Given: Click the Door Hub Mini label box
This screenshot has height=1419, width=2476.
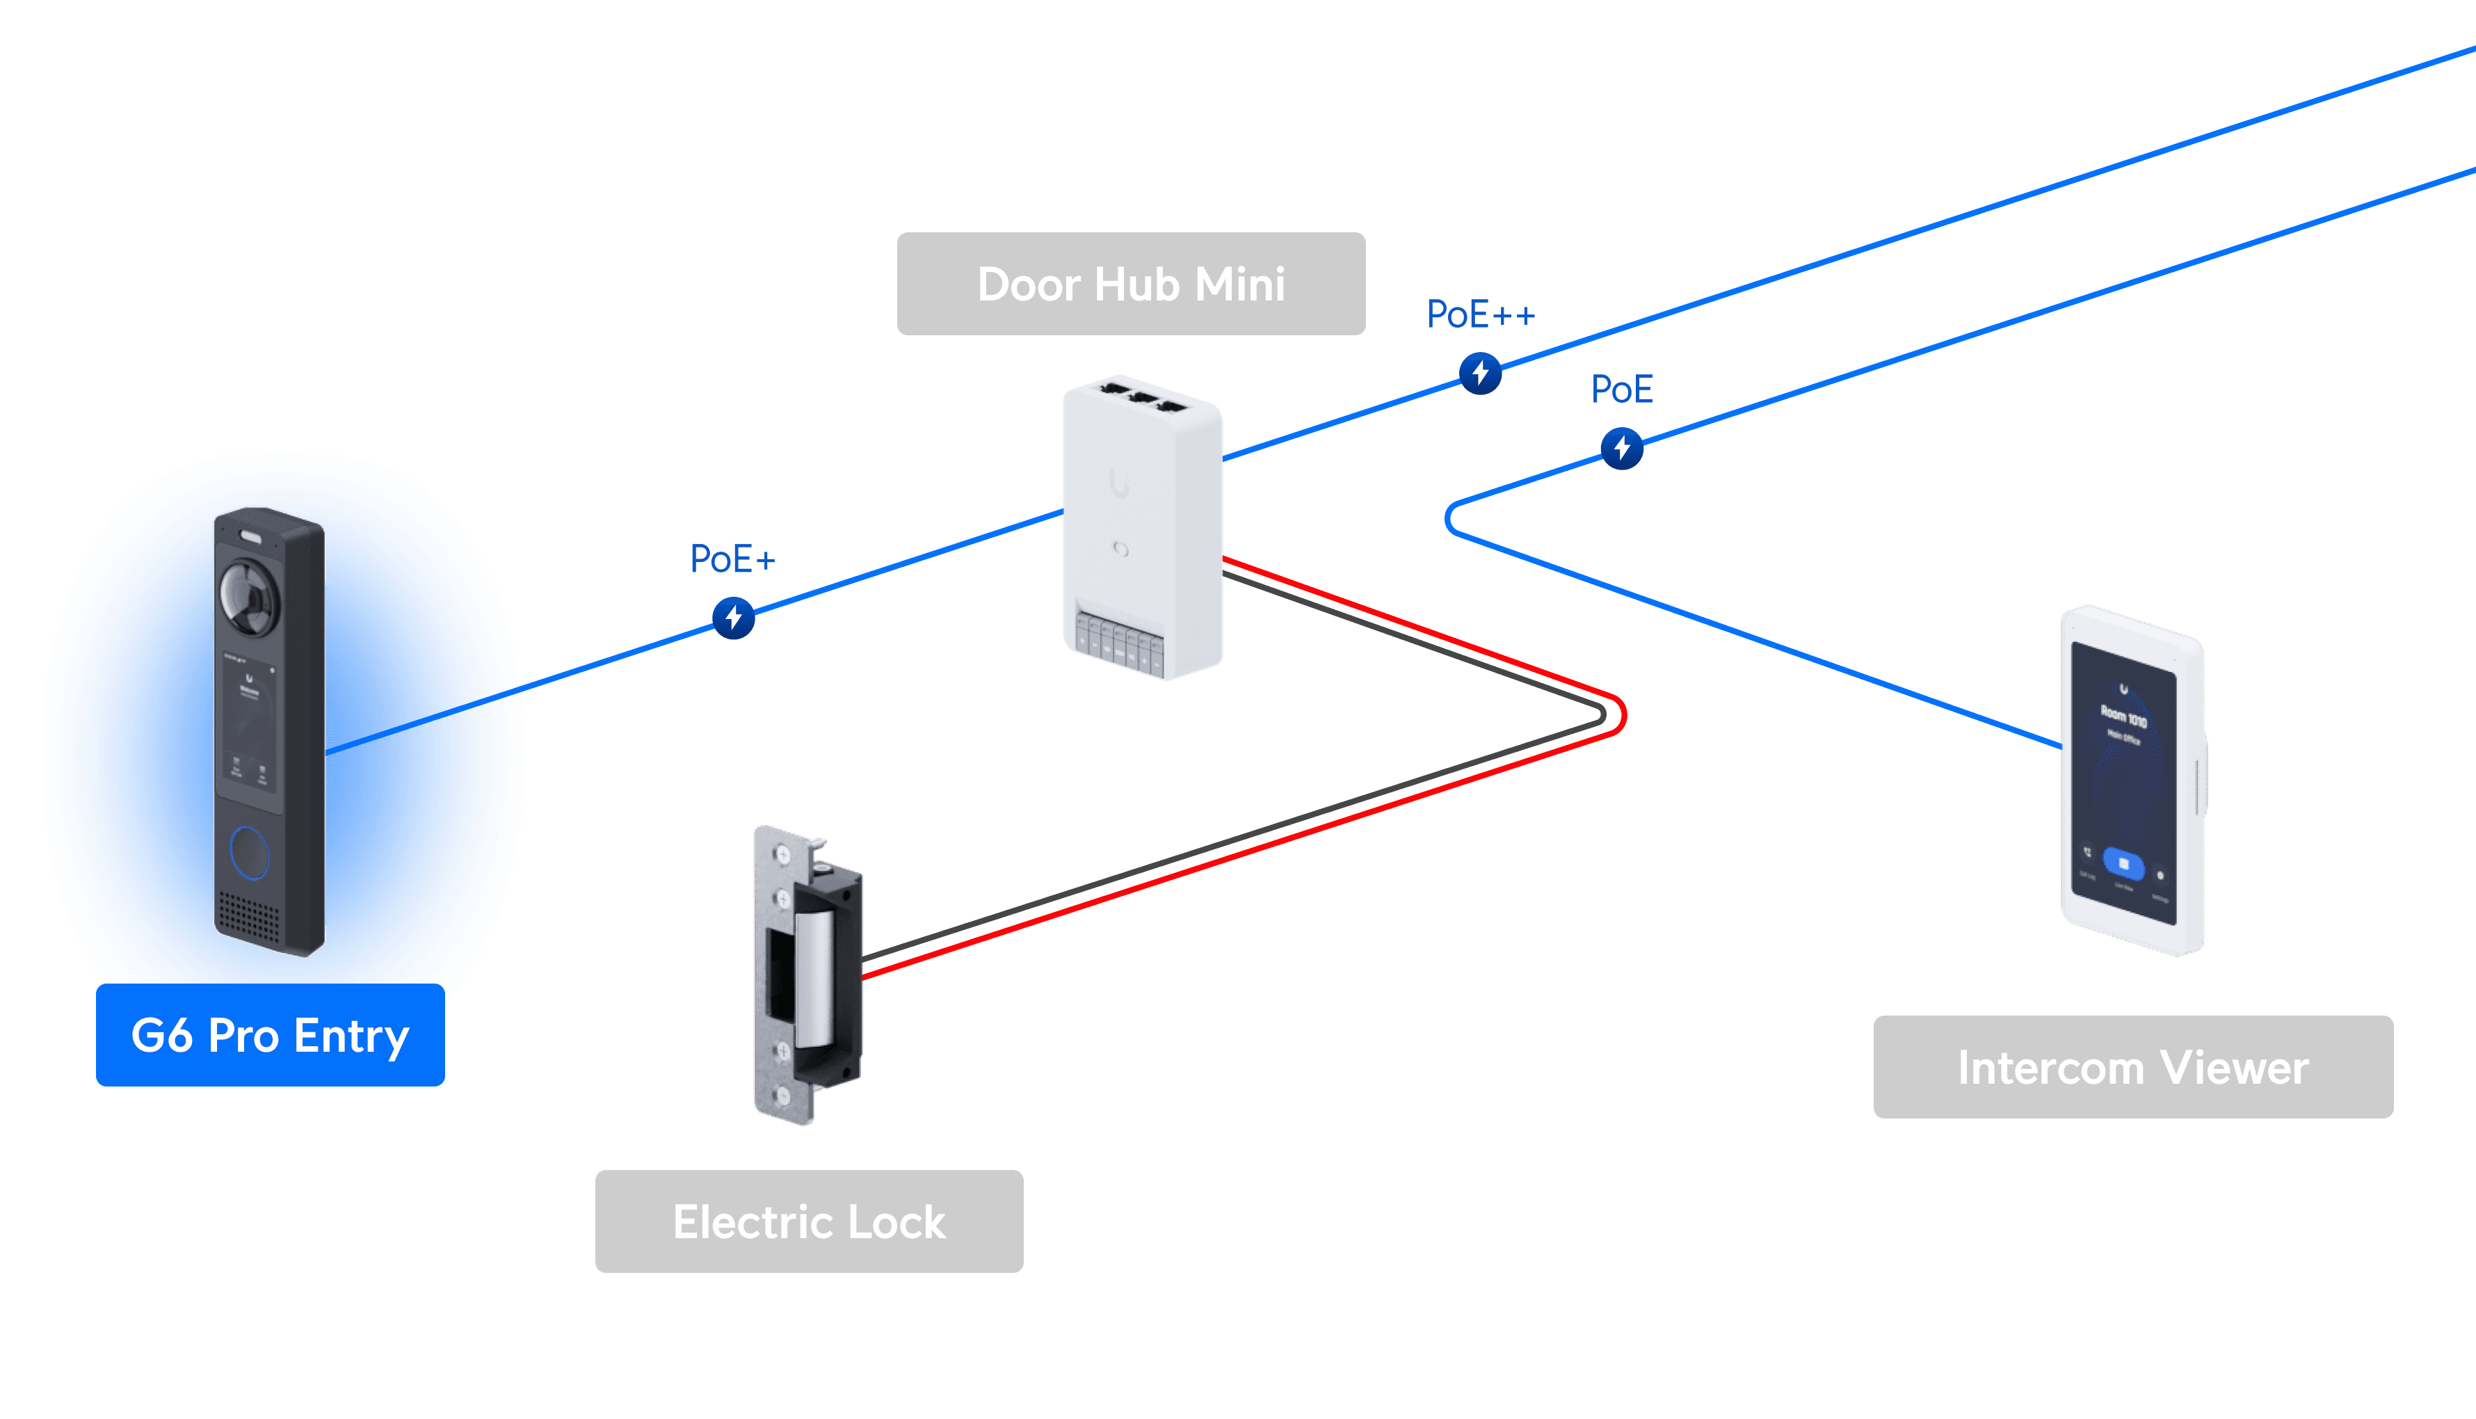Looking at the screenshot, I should [x=1130, y=284].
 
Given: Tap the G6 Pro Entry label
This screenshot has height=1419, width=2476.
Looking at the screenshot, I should [x=270, y=1035].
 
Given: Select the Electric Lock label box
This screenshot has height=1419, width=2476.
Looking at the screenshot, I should [x=809, y=1221].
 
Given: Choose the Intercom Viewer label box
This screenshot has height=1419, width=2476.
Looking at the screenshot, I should [x=2132, y=1067].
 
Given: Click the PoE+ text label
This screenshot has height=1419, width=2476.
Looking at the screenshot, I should [x=732, y=559].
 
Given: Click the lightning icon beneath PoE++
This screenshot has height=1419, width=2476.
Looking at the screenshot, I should [x=1480, y=374].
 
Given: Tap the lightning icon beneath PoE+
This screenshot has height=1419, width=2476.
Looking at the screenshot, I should [x=734, y=618].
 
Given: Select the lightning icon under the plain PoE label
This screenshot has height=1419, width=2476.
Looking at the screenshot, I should [x=1621, y=449].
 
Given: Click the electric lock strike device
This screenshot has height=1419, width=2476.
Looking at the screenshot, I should [x=809, y=975].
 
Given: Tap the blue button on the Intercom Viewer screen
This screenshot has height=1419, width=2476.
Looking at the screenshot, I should [x=2123, y=863].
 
